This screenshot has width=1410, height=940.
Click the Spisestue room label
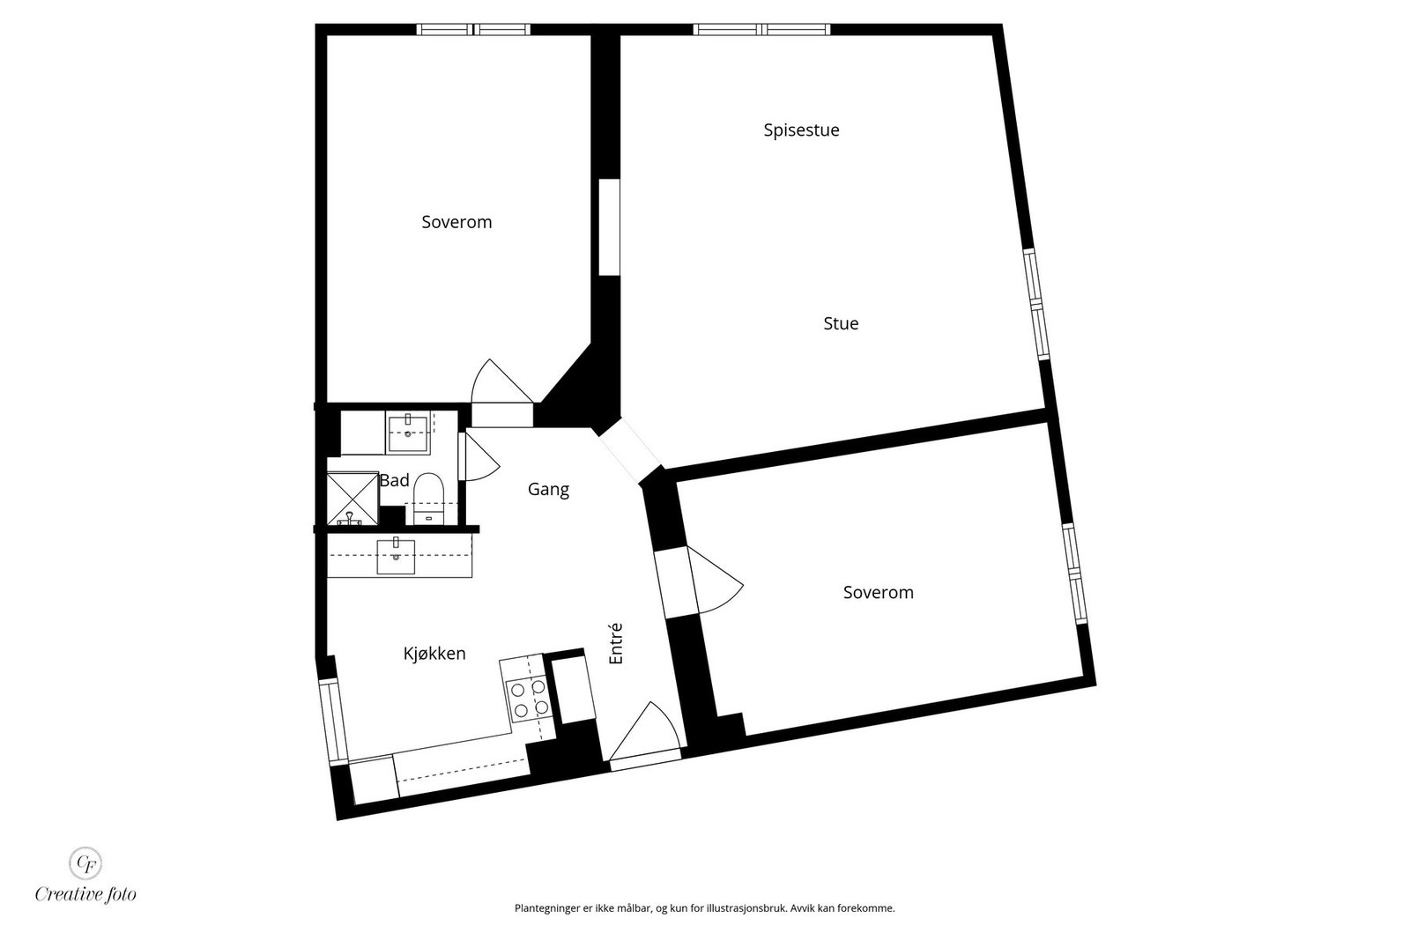(801, 130)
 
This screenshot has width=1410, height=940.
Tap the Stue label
(841, 323)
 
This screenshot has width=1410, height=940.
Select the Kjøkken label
(434, 654)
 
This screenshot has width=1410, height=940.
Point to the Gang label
(548, 489)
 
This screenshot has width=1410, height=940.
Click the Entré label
(616, 643)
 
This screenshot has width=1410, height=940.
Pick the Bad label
(394, 480)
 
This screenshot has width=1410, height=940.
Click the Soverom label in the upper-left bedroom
(456, 222)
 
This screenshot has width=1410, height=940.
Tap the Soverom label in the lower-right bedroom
(878, 593)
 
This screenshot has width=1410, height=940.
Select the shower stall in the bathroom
(352, 499)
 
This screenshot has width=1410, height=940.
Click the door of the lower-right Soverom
(714, 580)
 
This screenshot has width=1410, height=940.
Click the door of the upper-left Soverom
(501, 384)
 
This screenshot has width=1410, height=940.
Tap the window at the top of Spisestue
(761, 29)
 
